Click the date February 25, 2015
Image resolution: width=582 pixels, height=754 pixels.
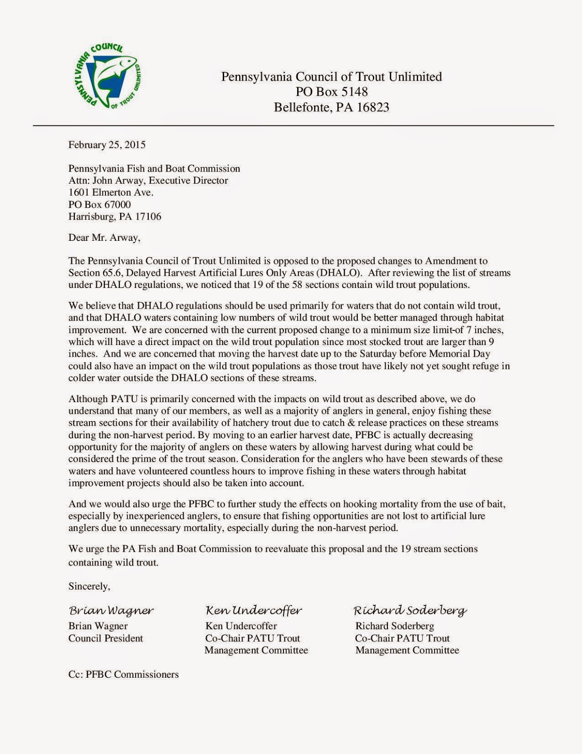point(107,145)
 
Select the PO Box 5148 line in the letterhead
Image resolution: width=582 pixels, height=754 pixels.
point(331,92)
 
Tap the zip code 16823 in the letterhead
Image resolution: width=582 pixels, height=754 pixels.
point(373,107)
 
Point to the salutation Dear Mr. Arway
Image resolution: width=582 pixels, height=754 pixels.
point(104,238)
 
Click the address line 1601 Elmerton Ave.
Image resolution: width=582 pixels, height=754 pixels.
point(111,192)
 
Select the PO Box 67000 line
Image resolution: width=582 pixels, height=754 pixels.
point(99,205)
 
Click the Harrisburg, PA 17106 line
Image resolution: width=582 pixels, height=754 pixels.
point(114,217)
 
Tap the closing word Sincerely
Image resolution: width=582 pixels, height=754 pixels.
point(89,586)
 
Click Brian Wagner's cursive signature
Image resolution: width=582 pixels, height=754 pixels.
point(111,611)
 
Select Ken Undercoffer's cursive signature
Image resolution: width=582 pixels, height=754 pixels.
point(254,611)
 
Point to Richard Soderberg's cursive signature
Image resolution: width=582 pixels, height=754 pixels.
point(410,611)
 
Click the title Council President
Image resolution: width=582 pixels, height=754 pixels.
point(105,639)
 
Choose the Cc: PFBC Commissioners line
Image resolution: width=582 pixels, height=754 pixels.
point(123,674)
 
